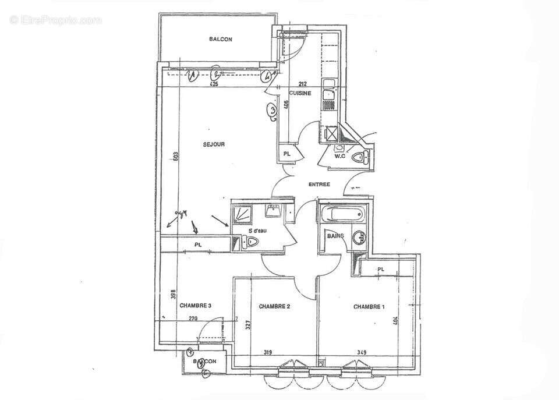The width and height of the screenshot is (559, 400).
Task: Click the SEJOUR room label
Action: (x=214, y=144)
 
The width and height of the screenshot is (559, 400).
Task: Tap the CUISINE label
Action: (x=300, y=93)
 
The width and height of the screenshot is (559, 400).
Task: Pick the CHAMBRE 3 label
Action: (x=195, y=305)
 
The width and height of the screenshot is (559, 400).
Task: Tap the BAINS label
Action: (x=334, y=236)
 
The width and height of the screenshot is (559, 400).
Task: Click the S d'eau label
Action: (x=257, y=231)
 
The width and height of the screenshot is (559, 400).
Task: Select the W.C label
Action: (x=340, y=156)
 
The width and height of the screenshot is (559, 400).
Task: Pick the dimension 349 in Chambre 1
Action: (x=362, y=352)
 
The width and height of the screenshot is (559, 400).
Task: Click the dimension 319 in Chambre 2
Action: (x=268, y=352)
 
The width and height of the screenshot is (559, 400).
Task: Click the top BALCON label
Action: (x=221, y=40)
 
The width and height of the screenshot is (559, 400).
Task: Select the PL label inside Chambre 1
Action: (x=381, y=269)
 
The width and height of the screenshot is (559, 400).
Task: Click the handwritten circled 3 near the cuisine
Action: (x=272, y=109)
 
